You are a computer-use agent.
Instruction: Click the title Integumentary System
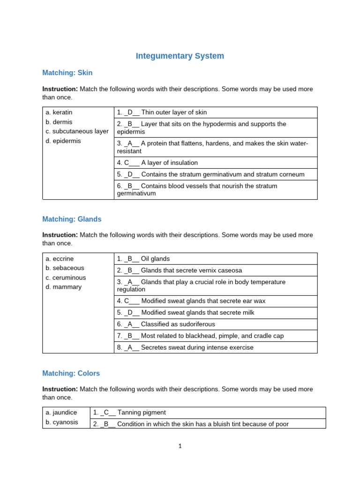tap(180, 56)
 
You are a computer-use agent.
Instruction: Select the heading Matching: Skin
tap(67, 73)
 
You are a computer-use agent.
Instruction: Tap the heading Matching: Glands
tap(72, 219)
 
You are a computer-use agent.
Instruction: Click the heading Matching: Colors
tap(71, 373)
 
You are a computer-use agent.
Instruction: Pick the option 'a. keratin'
tap(59, 112)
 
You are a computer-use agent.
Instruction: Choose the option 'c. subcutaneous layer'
tap(77, 131)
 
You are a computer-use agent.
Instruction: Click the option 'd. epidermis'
tap(63, 141)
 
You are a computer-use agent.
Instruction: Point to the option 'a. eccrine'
tap(60, 259)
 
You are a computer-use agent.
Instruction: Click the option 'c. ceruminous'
tap(66, 277)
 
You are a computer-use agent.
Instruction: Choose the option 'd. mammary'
tap(64, 287)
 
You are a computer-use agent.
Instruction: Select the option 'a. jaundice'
tap(61, 412)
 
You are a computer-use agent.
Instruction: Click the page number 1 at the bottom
tap(180, 446)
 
